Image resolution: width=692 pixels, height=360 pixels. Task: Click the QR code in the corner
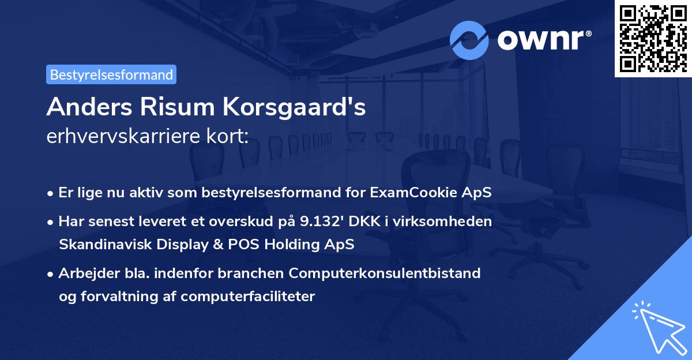coord(653,38)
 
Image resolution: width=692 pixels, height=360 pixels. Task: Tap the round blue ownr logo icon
coord(469,40)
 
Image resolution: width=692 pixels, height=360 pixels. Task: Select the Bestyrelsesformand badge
coord(111,74)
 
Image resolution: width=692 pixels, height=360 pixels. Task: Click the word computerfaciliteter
coord(248,297)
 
